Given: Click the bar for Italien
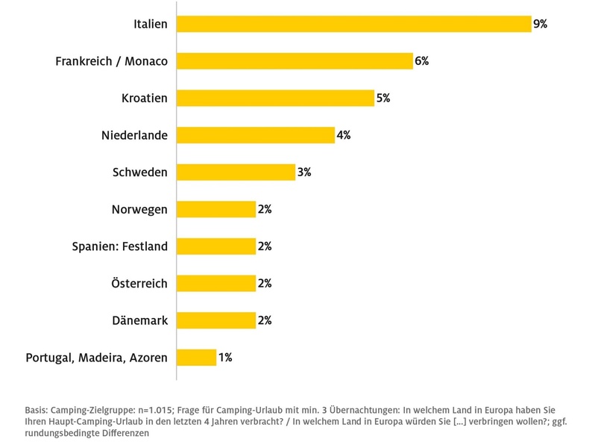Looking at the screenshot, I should click(x=353, y=24).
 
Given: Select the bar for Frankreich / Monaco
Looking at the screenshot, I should click(x=295, y=61).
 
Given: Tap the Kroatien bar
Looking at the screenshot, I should click(x=275, y=98).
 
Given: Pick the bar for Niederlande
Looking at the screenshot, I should click(x=256, y=135).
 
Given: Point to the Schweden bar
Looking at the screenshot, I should click(x=236, y=172).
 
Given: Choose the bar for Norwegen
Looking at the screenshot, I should click(x=216, y=209).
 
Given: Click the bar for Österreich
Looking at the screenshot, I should click(x=216, y=283).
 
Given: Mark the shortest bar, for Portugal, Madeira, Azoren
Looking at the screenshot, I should click(x=197, y=357).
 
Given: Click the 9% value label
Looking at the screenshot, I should click(x=540, y=24).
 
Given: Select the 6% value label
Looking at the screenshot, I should click(x=421, y=61).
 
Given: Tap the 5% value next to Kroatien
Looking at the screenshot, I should click(x=383, y=98).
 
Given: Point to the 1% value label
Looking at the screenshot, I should click(x=224, y=357).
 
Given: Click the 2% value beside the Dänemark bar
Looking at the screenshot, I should click(x=264, y=320).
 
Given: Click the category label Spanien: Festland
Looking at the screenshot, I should click(x=119, y=246).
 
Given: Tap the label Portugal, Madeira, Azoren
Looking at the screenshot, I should click(x=96, y=358).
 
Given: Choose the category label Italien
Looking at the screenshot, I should click(x=150, y=24).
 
